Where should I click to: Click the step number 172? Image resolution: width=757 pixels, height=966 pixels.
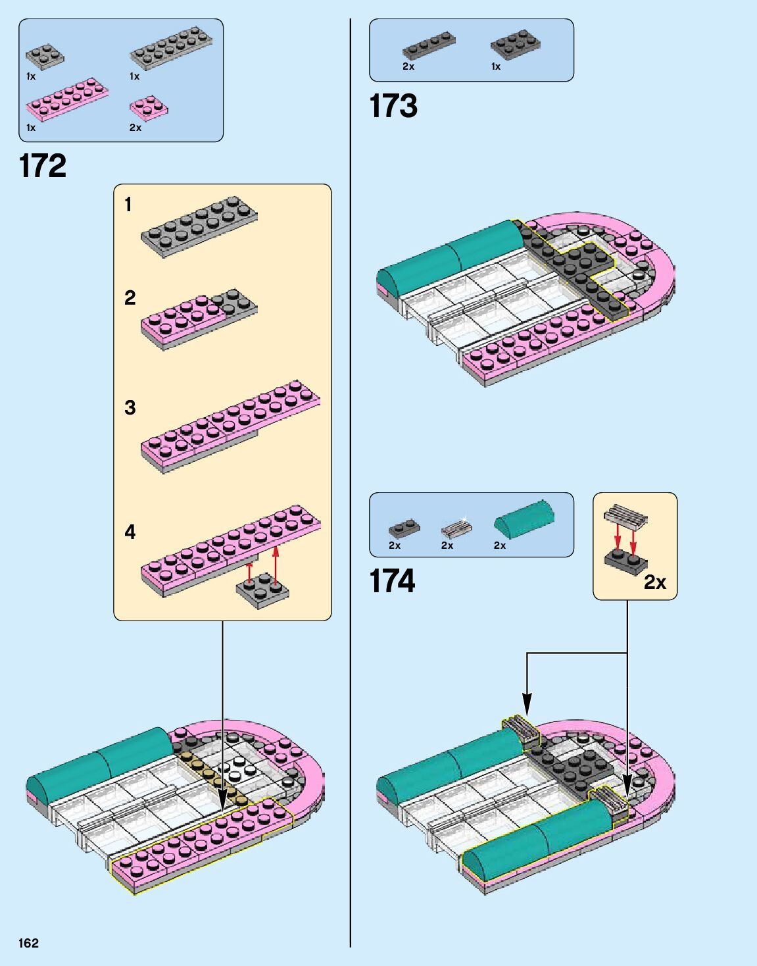click(43, 166)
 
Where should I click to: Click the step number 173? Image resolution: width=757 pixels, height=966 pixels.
click(393, 106)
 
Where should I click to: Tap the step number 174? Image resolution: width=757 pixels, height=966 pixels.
click(393, 581)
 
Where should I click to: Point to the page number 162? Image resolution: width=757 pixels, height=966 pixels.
click(29, 943)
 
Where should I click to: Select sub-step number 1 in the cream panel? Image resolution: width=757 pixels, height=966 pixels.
click(128, 205)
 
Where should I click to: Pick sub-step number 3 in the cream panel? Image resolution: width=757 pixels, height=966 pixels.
click(130, 407)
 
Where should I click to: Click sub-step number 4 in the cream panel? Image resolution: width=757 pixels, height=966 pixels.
click(130, 532)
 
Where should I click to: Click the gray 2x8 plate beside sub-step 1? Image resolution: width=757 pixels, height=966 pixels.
click(199, 226)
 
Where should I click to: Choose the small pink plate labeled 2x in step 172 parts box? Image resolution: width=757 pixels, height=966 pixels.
click(148, 107)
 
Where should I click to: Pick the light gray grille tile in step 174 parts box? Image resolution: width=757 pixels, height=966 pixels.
click(456, 528)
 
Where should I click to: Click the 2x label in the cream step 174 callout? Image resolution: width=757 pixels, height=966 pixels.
click(654, 582)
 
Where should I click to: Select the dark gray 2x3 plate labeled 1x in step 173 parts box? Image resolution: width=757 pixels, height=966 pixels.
click(515, 44)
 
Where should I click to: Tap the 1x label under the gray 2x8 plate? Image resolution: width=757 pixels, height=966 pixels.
click(134, 76)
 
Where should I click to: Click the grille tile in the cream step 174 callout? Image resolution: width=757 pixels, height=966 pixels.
click(625, 517)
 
